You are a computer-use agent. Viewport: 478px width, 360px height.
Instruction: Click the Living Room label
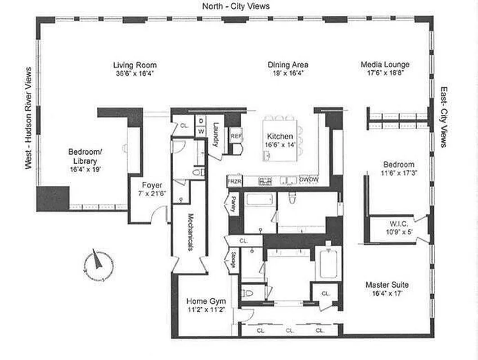135,65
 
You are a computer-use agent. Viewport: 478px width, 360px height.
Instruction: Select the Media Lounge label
385,64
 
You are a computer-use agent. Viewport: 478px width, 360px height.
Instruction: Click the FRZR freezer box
234,181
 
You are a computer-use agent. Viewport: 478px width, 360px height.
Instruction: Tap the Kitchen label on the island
280,136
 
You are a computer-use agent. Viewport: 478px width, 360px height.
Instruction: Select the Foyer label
152,185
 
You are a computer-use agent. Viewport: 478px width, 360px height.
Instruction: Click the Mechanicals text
190,232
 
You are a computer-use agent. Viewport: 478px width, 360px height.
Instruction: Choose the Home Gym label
206,301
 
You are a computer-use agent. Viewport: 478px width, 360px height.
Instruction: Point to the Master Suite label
387,285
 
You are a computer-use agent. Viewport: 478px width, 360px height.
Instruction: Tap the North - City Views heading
236,6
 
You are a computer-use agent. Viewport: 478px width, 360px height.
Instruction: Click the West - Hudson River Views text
29,118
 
